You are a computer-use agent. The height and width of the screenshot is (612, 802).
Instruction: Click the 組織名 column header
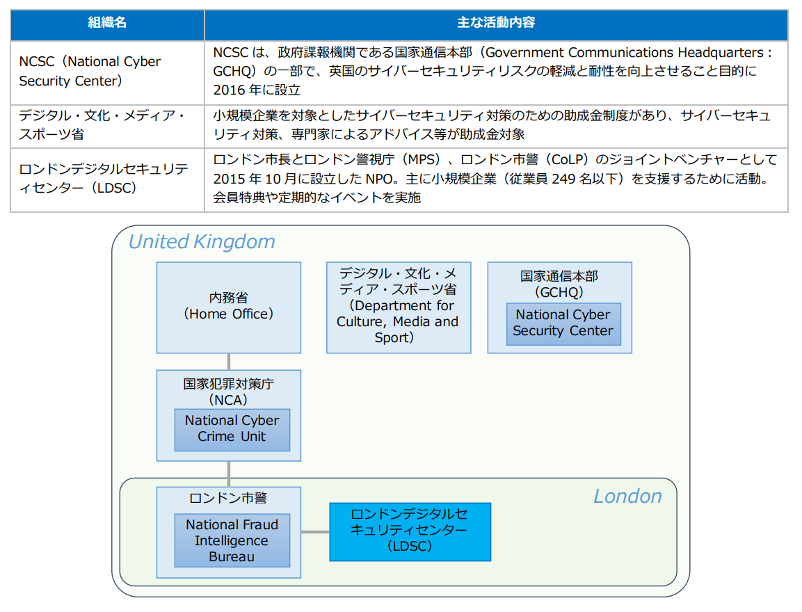(107, 22)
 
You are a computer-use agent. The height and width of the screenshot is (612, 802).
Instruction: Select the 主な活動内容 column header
(496, 22)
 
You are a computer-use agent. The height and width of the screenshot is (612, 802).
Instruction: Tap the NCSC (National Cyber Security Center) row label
(90, 71)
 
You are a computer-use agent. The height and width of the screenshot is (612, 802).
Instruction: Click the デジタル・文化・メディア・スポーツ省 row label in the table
(103, 124)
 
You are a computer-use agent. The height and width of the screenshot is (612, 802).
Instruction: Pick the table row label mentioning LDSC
(104, 179)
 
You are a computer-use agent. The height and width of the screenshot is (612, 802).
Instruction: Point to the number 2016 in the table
(229, 90)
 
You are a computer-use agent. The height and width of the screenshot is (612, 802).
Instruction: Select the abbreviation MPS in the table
(422, 159)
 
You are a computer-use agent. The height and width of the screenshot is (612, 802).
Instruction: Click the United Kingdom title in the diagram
(202, 242)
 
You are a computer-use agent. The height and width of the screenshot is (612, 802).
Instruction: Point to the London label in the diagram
(627, 497)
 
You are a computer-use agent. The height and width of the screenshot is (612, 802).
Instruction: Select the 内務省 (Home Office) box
(229, 308)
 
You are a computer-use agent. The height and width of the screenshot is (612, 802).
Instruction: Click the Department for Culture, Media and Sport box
(399, 308)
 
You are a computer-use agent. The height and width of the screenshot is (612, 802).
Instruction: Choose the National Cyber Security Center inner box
(563, 324)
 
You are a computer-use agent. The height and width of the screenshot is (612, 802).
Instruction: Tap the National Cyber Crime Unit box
(232, 430)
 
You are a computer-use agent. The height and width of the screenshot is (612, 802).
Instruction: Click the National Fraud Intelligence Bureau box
(232, 540)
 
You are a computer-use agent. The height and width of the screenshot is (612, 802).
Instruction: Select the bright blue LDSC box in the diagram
(410, 532)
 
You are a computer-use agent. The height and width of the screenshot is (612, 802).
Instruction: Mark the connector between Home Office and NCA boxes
(229, 362)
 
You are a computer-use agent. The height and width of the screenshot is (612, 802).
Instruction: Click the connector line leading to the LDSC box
(315, 532)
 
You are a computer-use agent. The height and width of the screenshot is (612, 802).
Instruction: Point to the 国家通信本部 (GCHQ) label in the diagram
(559, 284)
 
